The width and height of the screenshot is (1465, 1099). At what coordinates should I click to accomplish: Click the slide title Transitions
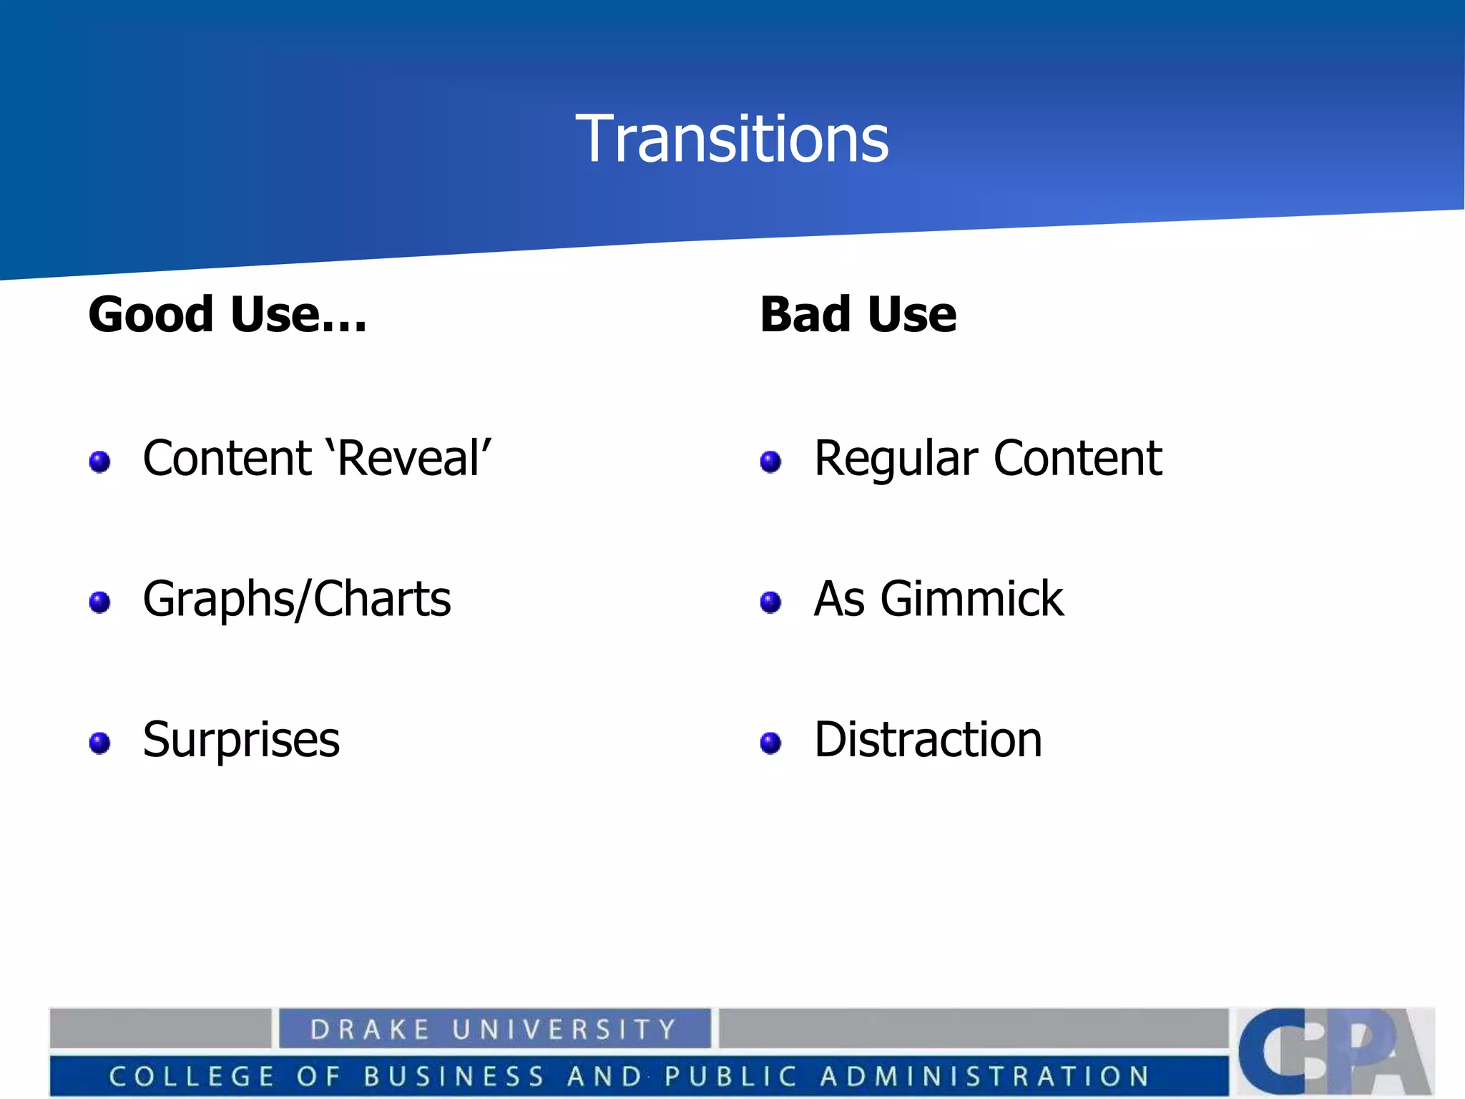point(732,139)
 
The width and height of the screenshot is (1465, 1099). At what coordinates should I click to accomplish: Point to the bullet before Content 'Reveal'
point(99,461)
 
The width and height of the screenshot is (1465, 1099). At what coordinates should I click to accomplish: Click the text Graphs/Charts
point(297,599)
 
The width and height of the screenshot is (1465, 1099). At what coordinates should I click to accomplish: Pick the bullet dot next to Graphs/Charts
point(99,602)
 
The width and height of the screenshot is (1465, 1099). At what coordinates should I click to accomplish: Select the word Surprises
point(241,740)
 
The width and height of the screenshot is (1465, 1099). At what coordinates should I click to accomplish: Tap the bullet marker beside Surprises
point(99,743)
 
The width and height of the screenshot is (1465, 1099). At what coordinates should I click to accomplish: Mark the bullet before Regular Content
point(770,461)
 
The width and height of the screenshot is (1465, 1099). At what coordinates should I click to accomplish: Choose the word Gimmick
point(971,599)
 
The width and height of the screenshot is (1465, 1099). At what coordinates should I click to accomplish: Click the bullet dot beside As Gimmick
point(770,602)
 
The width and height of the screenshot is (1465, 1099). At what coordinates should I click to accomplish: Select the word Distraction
point(928,739)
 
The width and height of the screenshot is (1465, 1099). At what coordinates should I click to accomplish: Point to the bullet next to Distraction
point(770,743)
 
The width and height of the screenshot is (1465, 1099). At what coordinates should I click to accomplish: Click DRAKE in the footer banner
point(370,1030)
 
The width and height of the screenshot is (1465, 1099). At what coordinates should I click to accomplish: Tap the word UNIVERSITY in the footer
point(564,1030)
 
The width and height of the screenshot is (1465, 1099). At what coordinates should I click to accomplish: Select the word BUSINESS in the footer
point(454,1076)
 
